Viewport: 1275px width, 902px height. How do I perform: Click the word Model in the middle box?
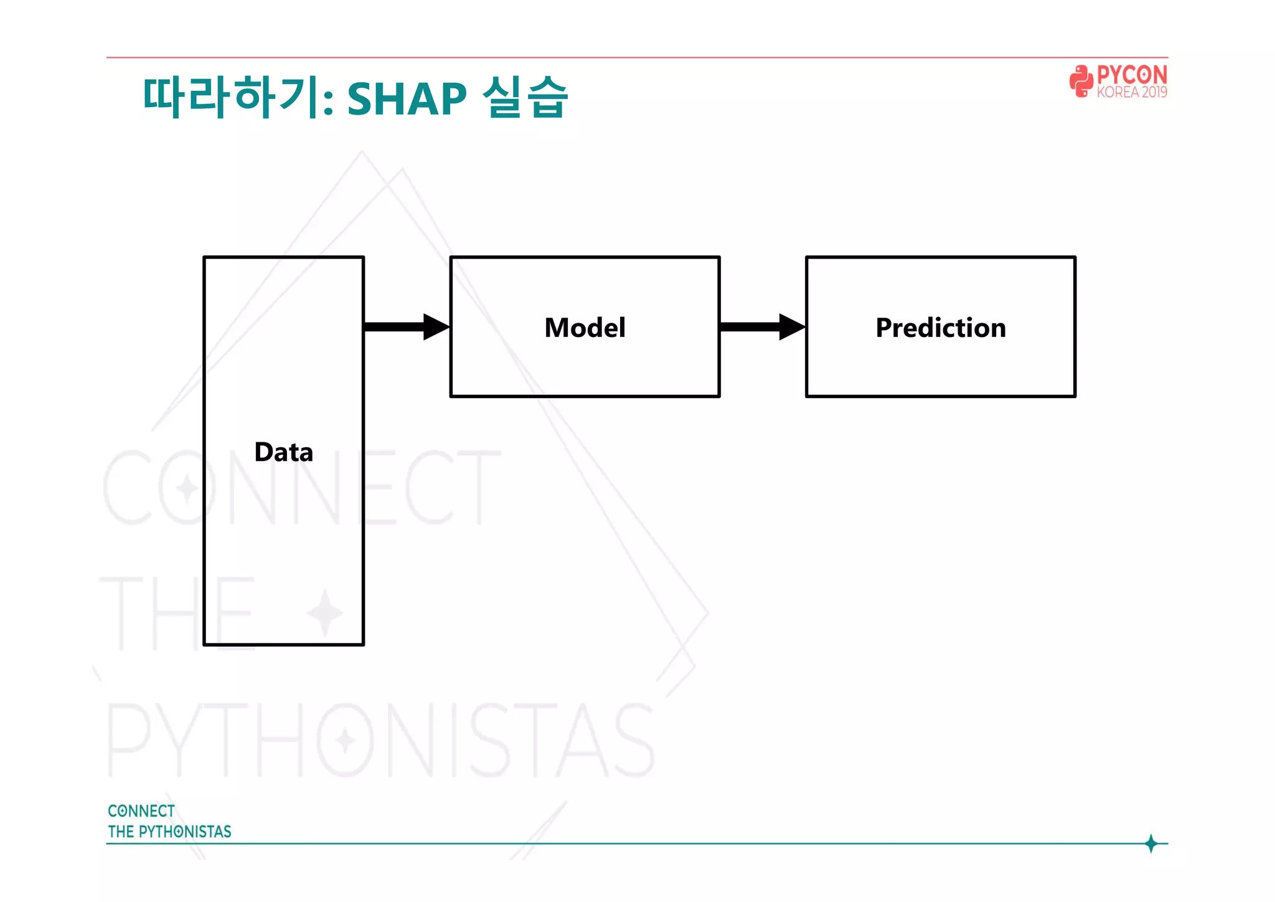click(x=585, y=328)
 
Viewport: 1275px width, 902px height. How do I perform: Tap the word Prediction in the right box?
click(x=940, y=328)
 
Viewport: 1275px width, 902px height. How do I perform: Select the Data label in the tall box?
click(x=283, y=452)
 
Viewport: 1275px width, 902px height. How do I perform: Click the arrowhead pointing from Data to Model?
click(x=436, y=327)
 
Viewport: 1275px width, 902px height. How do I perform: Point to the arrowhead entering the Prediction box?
click(x=791, y=327)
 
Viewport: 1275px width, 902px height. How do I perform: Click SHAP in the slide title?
click(x=406, y=98)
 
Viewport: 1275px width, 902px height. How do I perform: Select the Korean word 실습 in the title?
click(x=525, y=97)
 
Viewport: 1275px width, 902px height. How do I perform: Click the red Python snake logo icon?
click(x=1081, y=81)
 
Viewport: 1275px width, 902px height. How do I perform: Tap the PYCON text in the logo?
click(x=1131, y=75)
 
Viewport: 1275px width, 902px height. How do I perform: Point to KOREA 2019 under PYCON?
click(x=1131, y=92)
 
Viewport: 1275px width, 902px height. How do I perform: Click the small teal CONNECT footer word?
click(x=141, y=811)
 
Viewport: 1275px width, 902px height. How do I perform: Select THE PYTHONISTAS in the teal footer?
click(x=169, y=832)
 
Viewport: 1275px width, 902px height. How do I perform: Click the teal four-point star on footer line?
click(x=1151, y=843)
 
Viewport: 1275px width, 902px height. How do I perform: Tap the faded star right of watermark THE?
click(x=324, y=612)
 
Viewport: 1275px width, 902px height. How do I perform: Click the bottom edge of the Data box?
click(x=283, y=645)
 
